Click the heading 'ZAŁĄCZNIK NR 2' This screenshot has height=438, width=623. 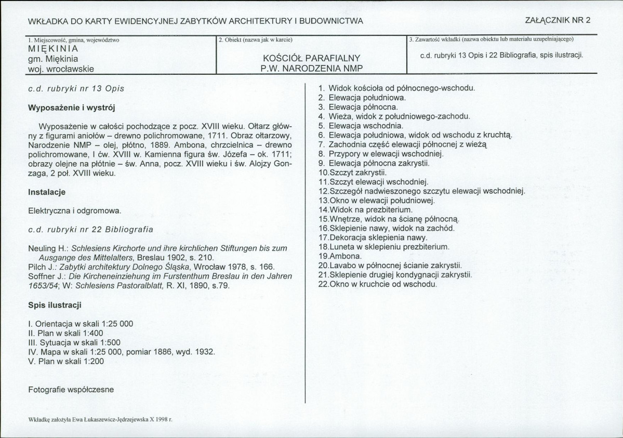(x=558, y=21)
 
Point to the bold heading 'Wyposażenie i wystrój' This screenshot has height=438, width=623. (x=71, y=108)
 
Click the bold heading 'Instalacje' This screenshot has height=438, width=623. (x=46, y=192)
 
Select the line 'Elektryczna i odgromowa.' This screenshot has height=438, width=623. (x=74, y=211)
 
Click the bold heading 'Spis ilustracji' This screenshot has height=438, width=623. (x=55, y=304)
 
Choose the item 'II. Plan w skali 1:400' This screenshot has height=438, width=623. (x=65, y=333)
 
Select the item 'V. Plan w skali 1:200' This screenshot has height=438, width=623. (x=66, y=361)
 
